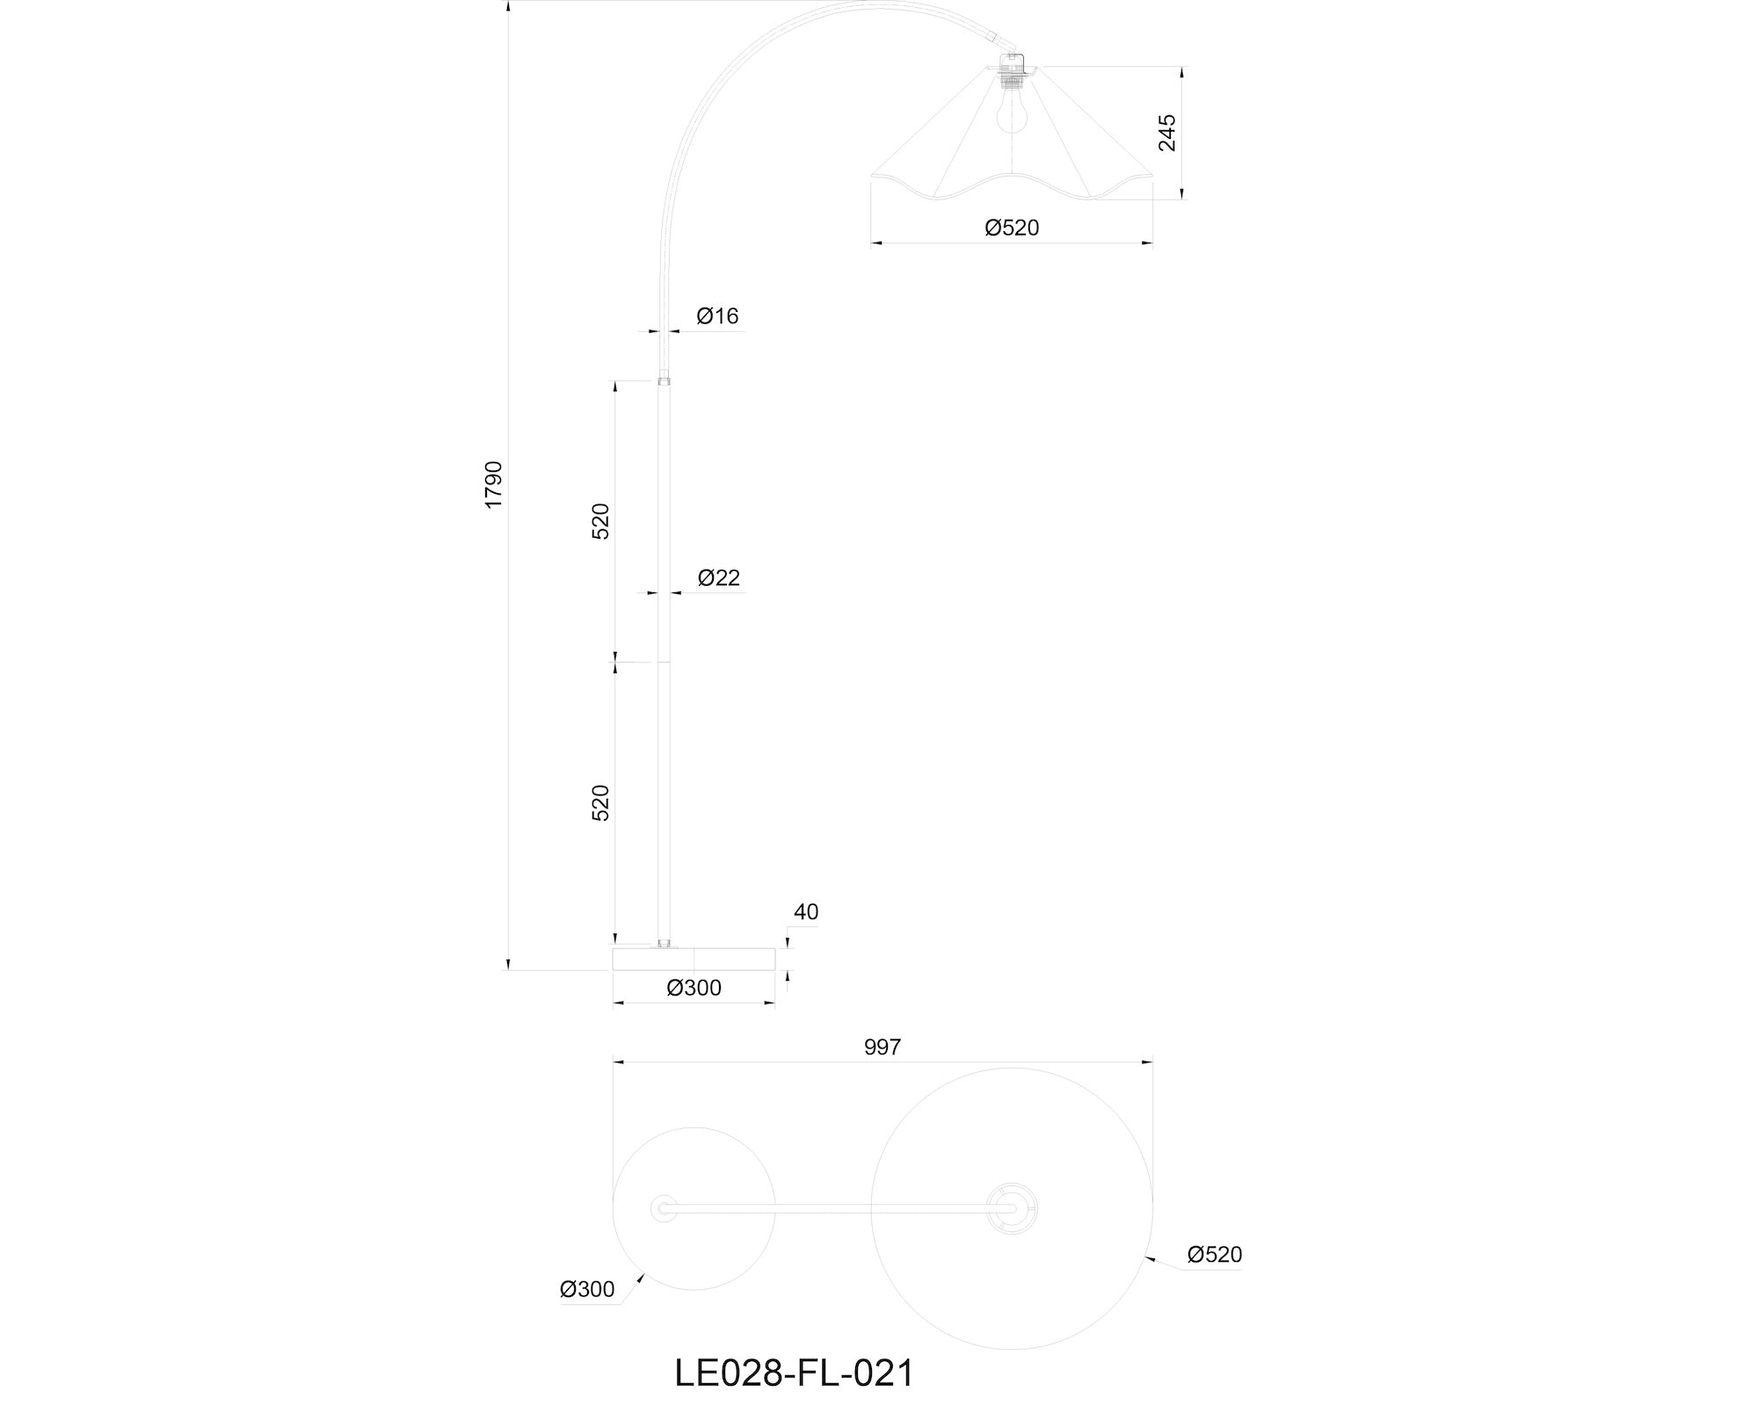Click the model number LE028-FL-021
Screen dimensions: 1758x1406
795,1373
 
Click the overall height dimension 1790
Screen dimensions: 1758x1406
493,484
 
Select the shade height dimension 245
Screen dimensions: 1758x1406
1167,133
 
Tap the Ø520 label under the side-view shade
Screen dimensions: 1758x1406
1012,228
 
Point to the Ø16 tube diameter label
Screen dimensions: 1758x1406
717,315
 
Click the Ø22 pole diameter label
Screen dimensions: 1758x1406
719,577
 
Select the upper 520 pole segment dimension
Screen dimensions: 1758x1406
600,521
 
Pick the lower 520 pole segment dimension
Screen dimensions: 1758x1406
600,803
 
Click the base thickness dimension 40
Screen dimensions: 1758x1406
806,912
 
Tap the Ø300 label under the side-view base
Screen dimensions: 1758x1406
694,988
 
